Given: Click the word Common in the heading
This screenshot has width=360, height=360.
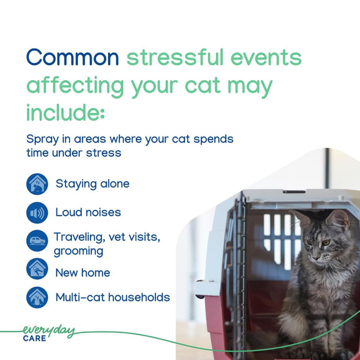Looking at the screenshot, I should pyautogui.click(x=72, y=57).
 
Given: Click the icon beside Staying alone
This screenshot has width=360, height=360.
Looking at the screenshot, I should pyautogui.click(x=37, y=184).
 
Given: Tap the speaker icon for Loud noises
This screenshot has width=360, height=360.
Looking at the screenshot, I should pyautogui.click(x=37, y=213).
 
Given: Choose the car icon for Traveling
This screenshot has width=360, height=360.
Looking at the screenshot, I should pyautogui.click(x=37, y=241).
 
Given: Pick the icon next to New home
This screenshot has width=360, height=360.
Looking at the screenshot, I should pyautogui.click(x=37, y=269).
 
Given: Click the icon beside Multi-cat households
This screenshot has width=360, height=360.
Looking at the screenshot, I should pyautogui.click(x=37, y=297).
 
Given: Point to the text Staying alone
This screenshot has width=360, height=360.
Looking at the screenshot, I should pyautogui.click(x=92, y=184).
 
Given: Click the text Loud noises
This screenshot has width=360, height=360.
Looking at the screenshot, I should pyautogui.click(x=88, y=212).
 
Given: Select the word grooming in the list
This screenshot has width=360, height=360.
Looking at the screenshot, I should pyautogui.click(x=78, y=251).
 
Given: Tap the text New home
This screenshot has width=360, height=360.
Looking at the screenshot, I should pyautogui.click(x=83, y=272).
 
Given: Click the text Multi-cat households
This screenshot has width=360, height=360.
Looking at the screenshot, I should pyautogui.click(x=112, y=297).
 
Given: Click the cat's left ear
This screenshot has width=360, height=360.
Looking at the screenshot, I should pyautogui.click(x=338, y=219).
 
